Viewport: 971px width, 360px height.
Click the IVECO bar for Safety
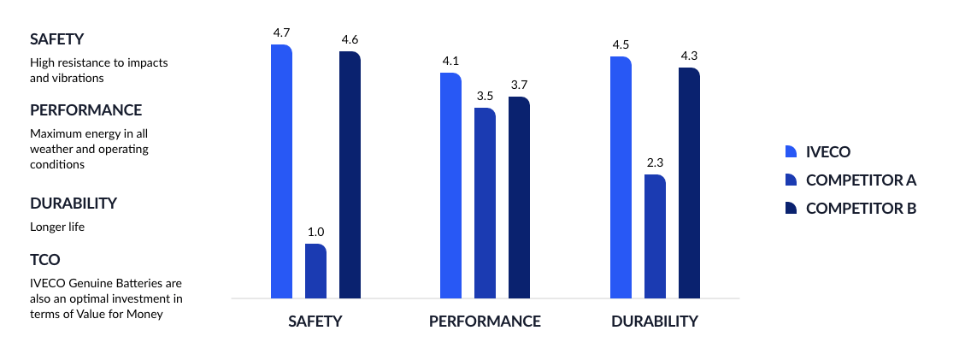[x=281, y=171]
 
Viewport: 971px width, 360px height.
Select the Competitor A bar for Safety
[x=315, y=271]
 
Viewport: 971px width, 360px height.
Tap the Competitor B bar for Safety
[x=350, y=174]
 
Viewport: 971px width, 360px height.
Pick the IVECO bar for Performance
[x=450, y=186]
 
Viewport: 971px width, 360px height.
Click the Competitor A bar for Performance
[x=485, y=204]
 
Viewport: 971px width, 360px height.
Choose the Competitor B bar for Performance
[x=519, y=198]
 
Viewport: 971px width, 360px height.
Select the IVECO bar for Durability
[x=621, y=177]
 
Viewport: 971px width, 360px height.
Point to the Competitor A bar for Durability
[x=655, y=236]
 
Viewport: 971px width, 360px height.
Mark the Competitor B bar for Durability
[x=689, y=183]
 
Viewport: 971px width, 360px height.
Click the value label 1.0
[x=315, y=232]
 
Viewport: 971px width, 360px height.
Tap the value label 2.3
[x=655, y=162]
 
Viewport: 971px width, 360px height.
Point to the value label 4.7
[x=281, y=32]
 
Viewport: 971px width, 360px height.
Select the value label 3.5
[x=485, y=96]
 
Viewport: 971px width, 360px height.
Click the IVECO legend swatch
[x=791, y=151]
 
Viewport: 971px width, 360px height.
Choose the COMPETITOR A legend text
[x=861, y=180]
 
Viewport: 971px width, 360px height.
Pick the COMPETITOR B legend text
[x=861, y=208]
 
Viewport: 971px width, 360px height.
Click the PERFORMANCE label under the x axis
[x=485, y=322]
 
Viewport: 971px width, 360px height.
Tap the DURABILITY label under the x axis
[x=655, y=322]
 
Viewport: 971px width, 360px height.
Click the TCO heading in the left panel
[x=44, y=259]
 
